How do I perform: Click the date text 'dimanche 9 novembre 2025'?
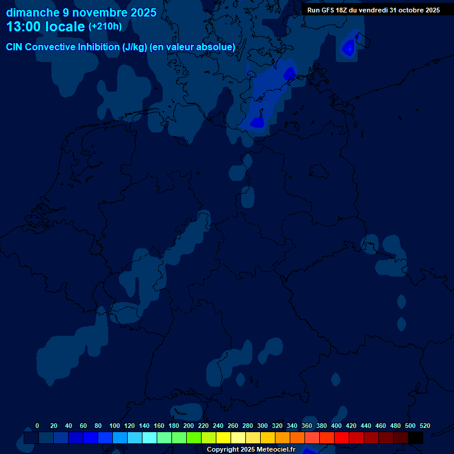pos(81,12)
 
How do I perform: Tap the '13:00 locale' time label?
pos(46,27)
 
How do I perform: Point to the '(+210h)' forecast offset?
pos(105,27)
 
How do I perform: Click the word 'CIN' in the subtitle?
pos(15,47)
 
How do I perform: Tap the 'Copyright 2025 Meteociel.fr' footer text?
pos(251,449)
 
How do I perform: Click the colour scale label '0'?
pos(37,426)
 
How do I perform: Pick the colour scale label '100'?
pos(115,426)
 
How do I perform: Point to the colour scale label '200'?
pos(189,426)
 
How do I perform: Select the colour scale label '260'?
pos(233,426)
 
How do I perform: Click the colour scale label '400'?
pos(336,426)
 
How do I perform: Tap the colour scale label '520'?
pos(425,426)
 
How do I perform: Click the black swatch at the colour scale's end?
pos(416,437)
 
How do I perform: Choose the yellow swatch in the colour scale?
pos(223,437)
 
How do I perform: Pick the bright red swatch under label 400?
pos(342,437)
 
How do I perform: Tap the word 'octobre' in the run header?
pos(410,10)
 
